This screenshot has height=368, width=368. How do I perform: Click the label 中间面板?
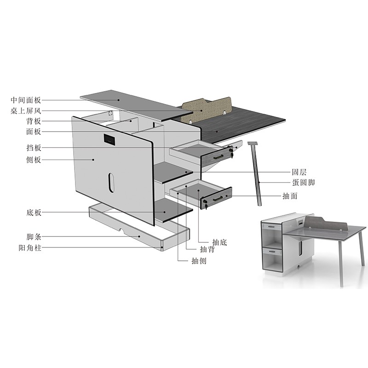[x=26, y=100]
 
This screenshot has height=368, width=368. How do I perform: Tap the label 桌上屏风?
[x=26, y=110]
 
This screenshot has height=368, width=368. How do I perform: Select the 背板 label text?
[x=34, y=121]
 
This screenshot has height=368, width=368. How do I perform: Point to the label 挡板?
[x=34, y=148]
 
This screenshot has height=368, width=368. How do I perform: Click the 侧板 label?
[x=34, y=160]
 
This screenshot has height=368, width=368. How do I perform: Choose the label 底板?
[x=34, y=213]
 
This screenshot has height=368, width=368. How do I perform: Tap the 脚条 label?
[x=34, y=236]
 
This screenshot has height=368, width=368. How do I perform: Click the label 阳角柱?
[x=30, y=247]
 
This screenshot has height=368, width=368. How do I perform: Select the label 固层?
[x=299, y=172]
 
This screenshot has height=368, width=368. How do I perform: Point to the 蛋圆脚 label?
[x=303, y=182]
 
